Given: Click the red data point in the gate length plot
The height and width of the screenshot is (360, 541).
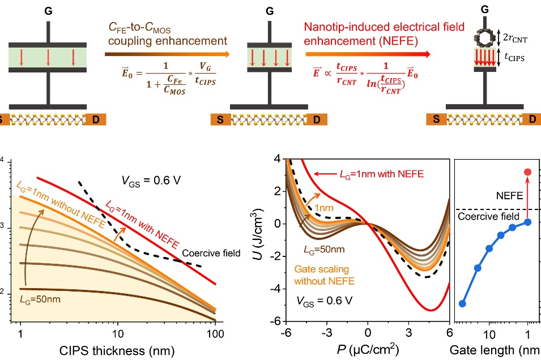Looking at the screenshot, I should [x=527, y=172].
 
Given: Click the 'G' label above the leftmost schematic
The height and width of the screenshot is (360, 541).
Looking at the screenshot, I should [x=48, y=10].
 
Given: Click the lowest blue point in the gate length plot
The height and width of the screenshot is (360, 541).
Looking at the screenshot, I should [x=462, y=303].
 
